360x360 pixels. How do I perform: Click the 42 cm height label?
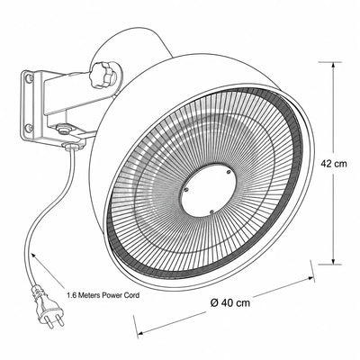333,164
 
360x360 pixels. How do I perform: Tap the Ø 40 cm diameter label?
230,302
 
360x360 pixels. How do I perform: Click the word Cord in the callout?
131,295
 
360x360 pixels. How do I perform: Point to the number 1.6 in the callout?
71,295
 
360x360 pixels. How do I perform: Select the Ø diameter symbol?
214,302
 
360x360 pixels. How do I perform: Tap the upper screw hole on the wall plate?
29,78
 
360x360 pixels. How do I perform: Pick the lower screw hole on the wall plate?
29,128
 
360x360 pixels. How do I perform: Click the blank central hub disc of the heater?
208,191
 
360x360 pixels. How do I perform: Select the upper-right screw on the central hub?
229,172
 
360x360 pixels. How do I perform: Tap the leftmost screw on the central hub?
186,190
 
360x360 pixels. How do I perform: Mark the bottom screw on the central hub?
211,212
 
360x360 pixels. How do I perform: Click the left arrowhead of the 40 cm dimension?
141,332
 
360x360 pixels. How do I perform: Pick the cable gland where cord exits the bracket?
72,147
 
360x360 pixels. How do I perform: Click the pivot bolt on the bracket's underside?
63,130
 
